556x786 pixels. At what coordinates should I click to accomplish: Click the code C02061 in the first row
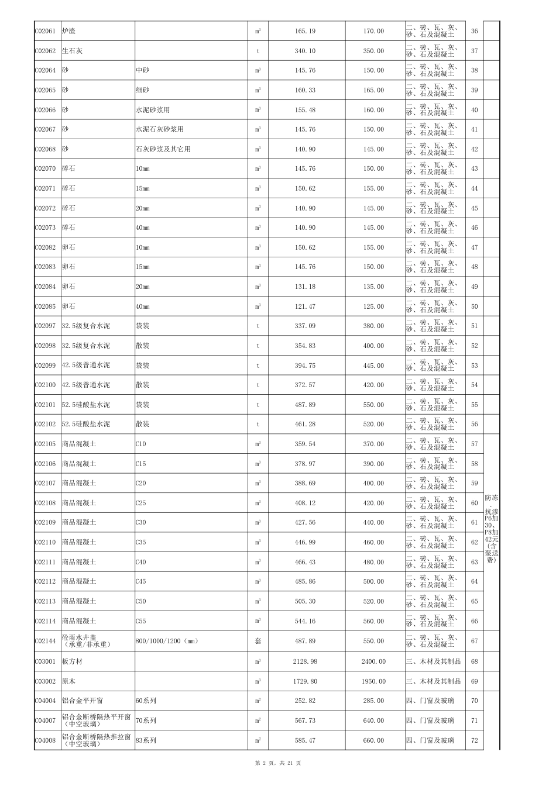click(45, 31)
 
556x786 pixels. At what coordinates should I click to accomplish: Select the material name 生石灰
click(72, 51)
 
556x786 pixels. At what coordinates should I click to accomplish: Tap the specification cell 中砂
click(142, 70)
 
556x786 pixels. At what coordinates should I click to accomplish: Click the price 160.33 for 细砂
click(305, 90)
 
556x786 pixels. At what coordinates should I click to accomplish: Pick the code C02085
click(45, 306)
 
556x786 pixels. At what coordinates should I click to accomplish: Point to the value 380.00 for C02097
click(373, 326)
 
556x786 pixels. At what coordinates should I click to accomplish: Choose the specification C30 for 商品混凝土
click(141, 522)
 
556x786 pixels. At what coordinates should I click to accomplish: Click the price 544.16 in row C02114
click(305, 621)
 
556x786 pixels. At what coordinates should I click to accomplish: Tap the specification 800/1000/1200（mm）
click(167, 641)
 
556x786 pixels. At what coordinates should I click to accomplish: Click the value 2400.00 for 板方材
click(373, 661)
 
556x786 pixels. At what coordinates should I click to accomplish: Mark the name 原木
click(68, 681)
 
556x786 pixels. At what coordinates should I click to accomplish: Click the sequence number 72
click(474, 740)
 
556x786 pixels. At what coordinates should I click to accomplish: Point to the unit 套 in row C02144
click(258, 641)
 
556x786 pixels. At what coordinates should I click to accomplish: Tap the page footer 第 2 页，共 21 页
click(278, 763)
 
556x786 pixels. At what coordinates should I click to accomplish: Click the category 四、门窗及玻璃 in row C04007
click(430, 720)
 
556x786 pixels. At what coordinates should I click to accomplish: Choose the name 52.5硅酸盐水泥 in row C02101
click(86, 405)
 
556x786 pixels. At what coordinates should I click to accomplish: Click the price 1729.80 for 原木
click(305, 681)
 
